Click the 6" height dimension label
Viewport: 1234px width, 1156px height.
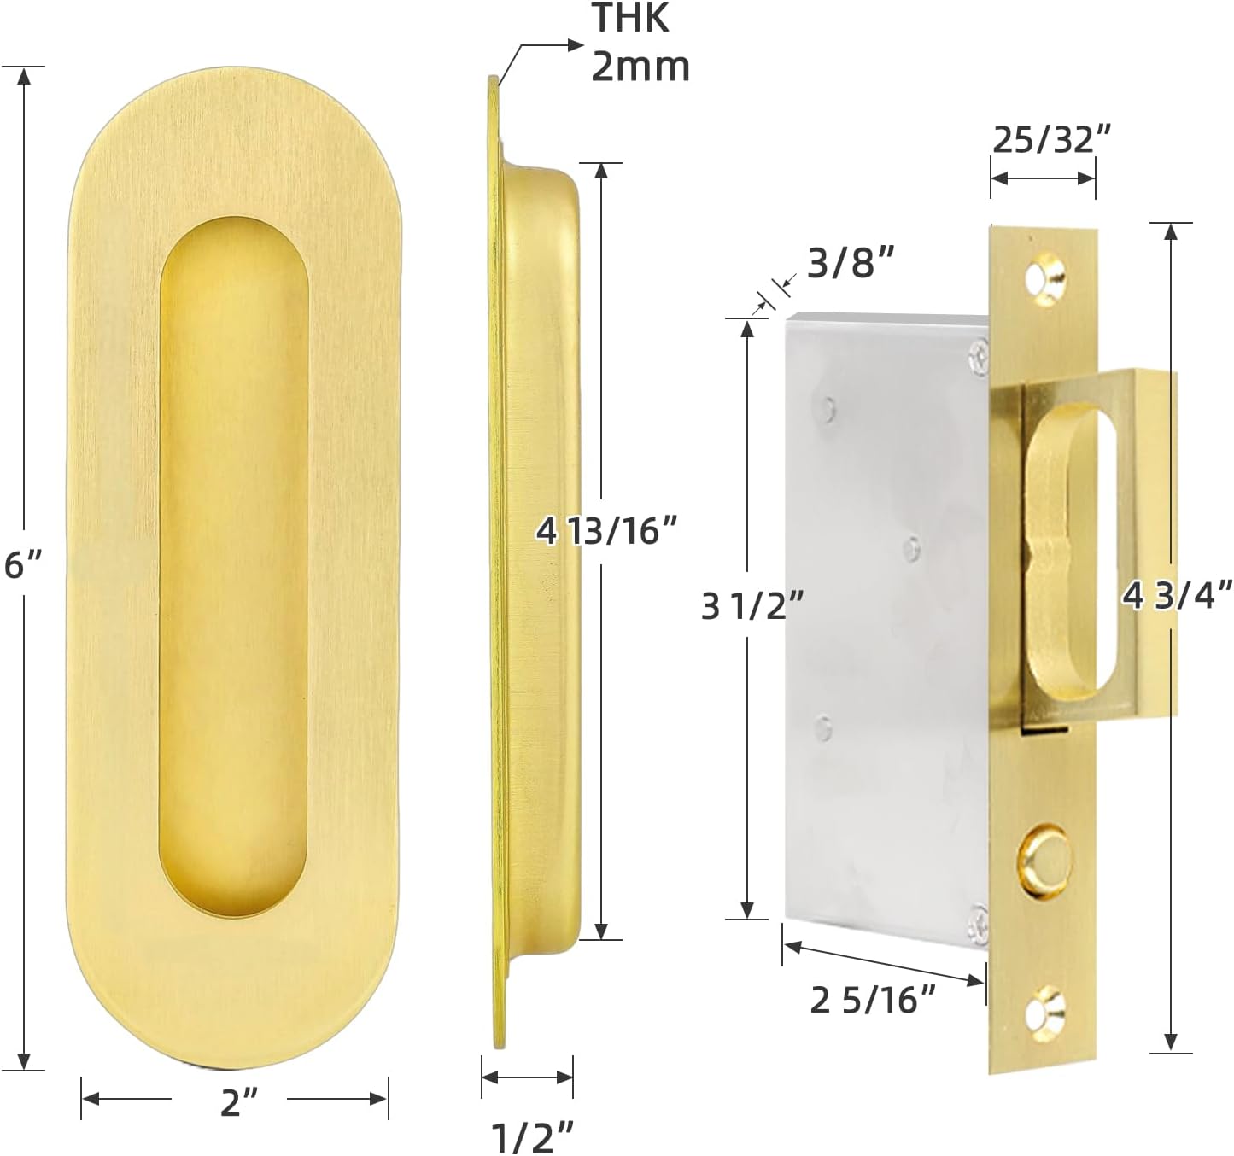pyautogui.click(x=22, y=564)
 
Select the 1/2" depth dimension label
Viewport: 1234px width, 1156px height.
pyautogui.click(x=533, y=1136)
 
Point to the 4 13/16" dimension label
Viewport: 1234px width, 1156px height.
pyautogui.click(x=606, y=531)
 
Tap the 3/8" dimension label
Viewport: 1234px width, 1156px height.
pyautogui.click(x=851, y=264)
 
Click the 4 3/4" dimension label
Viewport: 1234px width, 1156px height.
pyautogui.click(x=1178, y=595)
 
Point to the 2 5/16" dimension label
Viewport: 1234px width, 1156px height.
pyautogui.click(x=873, y=1000)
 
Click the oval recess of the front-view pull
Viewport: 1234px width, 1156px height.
pyautogui.click(x=233, y=563)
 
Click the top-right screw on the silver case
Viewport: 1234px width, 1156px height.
pyautogui.click(x=979, y=354)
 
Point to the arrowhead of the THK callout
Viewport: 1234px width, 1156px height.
pyautogui.click(x=577, y=45)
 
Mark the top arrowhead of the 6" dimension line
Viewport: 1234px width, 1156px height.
pyautogui.click(x=25, y=75)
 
